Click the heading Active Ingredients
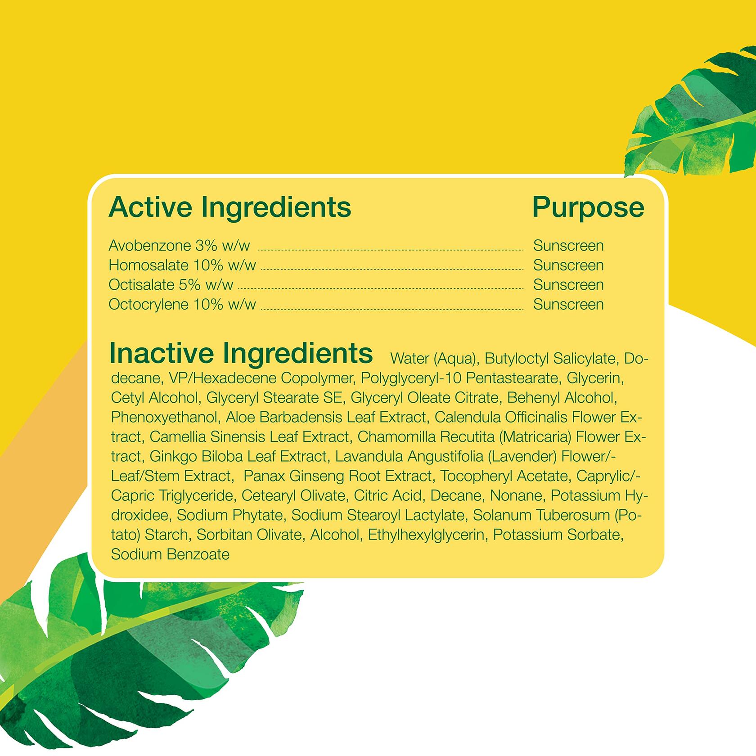pyautogui.click(x=230, y=207)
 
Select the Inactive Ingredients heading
pyautogui.click(x=241, y=354)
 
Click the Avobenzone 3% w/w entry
pyautogui.click(x=179, y=246)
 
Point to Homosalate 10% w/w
pyautogui.click(x=182, y=265)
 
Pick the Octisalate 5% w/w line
pyautogui.click(x=171, y=285)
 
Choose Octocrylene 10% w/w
pyautogui.click(x=182, y=304)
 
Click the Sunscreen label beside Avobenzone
pyautogui.click(x=568, y=246)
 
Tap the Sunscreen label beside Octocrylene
pyautogui.click(x=568, y=304)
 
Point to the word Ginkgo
pyautogui.click(x=173, y=457)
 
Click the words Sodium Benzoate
pyautogui.click(x=170, y=554)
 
